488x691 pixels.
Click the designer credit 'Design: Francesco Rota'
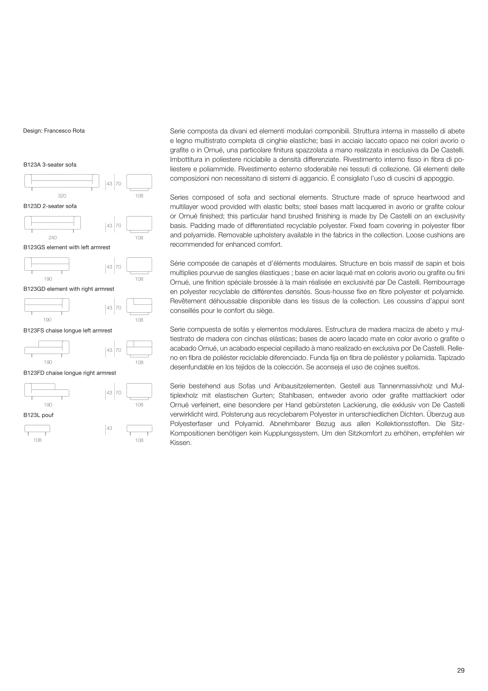[54, 131]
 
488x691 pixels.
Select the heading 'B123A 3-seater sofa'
[50, 165]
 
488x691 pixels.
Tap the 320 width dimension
[62, 196]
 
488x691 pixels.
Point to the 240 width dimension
[53, 238]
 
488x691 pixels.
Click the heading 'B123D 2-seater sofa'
[50, 206]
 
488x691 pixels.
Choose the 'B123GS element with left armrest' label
[67, 247]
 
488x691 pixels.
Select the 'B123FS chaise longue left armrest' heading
[68, 330]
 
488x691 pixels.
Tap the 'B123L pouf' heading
[38, 415]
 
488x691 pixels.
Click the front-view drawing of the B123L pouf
[37, 429]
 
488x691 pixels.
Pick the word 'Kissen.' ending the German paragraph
[181, 443]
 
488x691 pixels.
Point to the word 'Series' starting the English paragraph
[179, 197]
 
